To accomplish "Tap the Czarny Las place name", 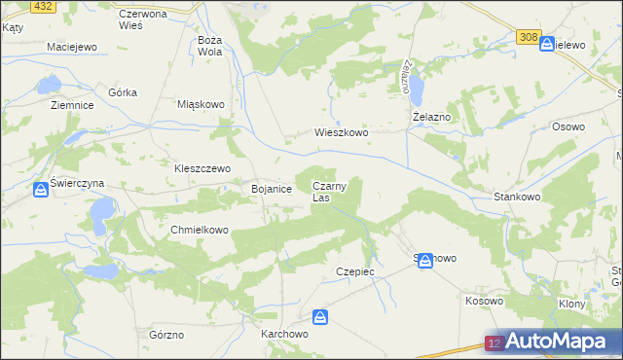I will click(x=329, y=192).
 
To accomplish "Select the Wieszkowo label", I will click(x=341, y=133).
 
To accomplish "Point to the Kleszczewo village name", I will click(x=202, y=167).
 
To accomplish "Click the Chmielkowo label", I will click(x=199, y=231).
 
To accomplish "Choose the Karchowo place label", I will click(x=284, y=333).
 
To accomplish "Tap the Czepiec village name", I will click(x=354, y=271).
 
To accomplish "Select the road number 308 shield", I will click(x=528, y=37).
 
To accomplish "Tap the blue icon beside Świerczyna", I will click(x=39, y=191).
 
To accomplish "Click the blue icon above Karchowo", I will click(x=320, y=317).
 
